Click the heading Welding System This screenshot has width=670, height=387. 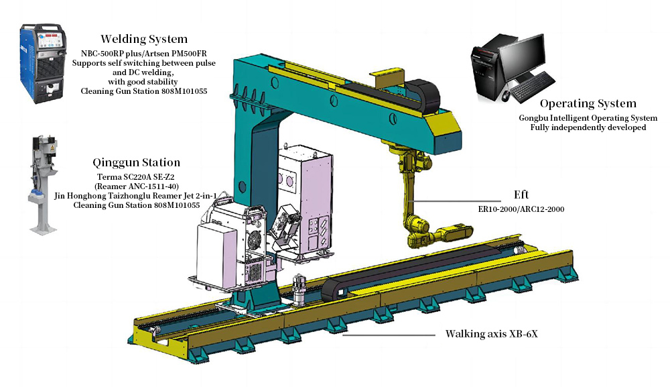144,39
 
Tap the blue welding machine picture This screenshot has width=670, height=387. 43,63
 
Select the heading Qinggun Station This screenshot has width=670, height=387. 136,162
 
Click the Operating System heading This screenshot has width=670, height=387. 588,103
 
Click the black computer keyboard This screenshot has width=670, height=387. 533,87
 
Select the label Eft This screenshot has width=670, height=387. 521,195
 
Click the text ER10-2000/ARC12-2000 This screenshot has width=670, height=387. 521,209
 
